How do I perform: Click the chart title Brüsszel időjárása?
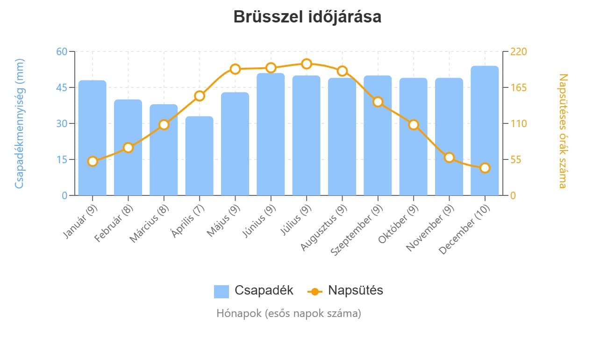point(307,17)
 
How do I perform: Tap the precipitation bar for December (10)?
point(485,131)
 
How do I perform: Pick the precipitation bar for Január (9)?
point(93,138)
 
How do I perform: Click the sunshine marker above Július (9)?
point(307,64)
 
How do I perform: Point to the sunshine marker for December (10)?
point(485,168)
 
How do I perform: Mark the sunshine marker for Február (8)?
point(129,148)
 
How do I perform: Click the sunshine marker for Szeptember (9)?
point(378,102)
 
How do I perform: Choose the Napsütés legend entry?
point(345,290)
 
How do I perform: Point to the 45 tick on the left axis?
point(62,87)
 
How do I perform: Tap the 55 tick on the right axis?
point(516,159)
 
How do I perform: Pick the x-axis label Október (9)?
point(398,224)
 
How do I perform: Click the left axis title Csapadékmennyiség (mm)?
point(19,123)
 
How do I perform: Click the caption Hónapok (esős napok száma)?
point(288,313)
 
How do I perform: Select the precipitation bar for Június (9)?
point(271,134)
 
